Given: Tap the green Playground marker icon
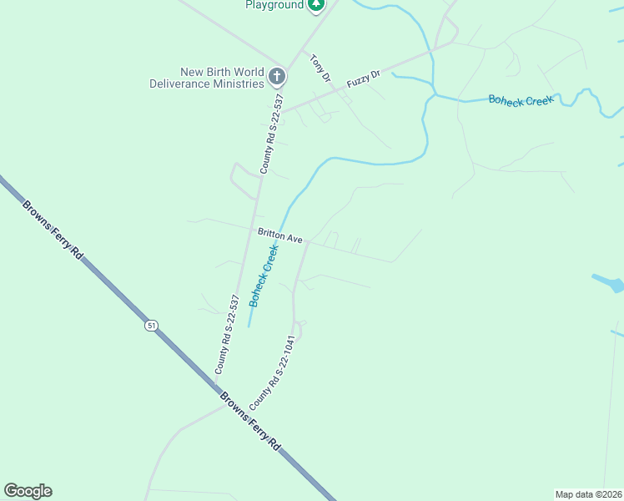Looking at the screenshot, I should (315, 5).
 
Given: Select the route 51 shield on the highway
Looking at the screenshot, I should (151, 326).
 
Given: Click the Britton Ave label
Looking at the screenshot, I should (280, 236).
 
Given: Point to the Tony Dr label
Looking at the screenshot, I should (321, 68).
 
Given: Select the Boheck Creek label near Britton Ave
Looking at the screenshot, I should (263, 275).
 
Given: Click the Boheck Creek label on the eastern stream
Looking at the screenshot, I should (521, 100).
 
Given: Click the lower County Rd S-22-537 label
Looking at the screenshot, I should (227, 334).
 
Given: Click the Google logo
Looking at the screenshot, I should (28, 491).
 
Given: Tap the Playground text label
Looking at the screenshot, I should (274, 5).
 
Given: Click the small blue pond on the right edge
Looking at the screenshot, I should (609, 283).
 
